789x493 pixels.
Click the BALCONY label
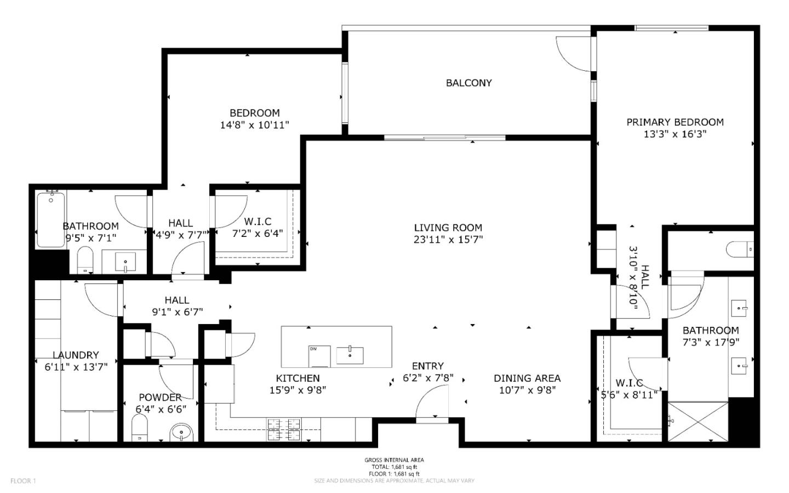468,83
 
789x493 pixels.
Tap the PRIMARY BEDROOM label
674,122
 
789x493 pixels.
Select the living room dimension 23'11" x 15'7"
448,240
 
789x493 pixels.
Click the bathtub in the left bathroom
51,219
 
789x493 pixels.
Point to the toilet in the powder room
140,427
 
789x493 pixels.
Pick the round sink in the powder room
181,433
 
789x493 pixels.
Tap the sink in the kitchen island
350,355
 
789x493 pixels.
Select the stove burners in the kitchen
284,429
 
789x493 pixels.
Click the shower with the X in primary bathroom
697,421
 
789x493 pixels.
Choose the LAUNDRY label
76,355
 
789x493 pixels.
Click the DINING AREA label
527,378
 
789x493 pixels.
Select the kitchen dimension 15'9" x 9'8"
298,390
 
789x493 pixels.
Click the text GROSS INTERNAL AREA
394,460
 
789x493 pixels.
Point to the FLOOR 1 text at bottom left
23,481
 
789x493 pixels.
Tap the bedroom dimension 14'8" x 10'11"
254,125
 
